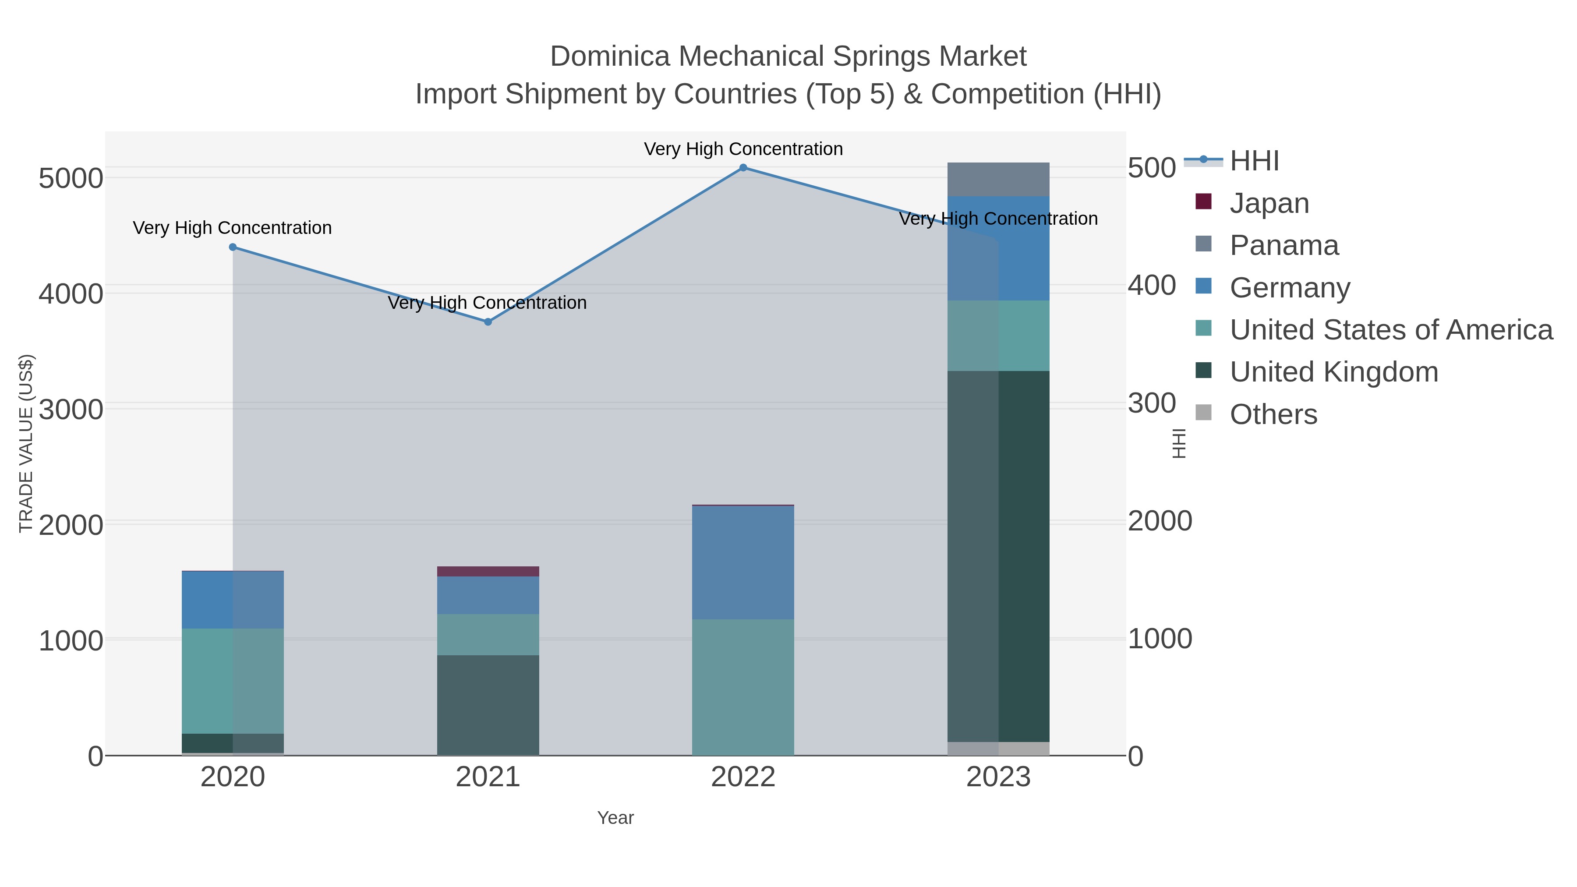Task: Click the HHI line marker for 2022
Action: pyautogui.click(x=743, y=168)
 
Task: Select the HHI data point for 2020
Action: pyautogui.click(x=233, y=247)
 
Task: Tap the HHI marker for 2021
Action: pyautogui.click(x=488, y=322)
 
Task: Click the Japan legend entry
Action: pyautogui.click(x=1269, y=203)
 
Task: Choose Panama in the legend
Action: pyautogui.click(x=1284, y=245)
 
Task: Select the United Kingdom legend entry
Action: pyautogui.click(x=1333, y=372)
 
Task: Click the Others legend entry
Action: pyautogui.click(x=1273, y=414)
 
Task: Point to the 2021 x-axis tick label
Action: pyautogui.click(x=488, y=777)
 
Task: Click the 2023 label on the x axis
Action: pyautogui.click(x=998, y=777)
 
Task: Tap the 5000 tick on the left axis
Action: pyautogui.click(x=71, y=179)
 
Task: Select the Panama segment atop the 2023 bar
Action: pyautogui.click(x=998, y=179)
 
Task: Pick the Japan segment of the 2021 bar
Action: pyautogui.click(x=488, y=572)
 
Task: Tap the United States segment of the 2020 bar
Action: pyautogui.click(x=233, y=681)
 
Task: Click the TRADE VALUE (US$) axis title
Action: pyautogui.click(x=26, y=443)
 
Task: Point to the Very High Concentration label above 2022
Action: pyautogui.click(x=743, y=149)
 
